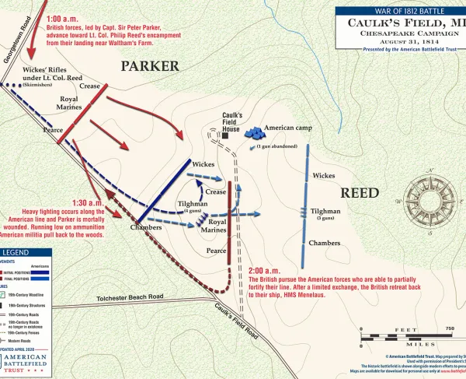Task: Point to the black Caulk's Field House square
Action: pyautogui.click(x=224, y=135)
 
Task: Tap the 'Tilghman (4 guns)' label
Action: pyautogui.click(x=193, y=205)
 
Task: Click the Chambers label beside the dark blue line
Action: pyautogui.click(x=124, y=227)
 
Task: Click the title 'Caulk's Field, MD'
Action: pyautogui.click(x=401, y=24)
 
